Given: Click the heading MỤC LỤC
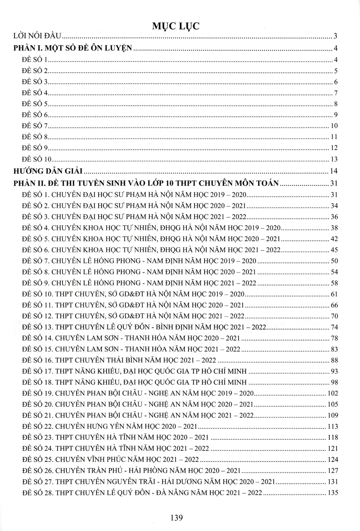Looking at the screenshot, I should (180, 26).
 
